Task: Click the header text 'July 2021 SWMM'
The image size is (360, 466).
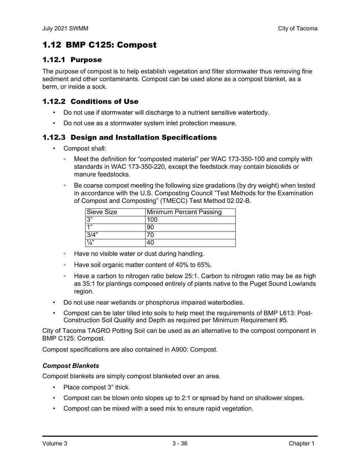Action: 65,29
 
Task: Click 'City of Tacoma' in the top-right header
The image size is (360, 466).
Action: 298,29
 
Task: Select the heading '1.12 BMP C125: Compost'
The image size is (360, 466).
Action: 99,45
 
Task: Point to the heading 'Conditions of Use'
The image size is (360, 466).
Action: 104,102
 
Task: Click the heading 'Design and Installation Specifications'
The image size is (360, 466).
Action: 144,138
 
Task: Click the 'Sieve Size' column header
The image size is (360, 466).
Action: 102,212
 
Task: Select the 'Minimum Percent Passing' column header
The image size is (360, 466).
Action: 184,212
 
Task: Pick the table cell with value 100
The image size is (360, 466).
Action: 152,220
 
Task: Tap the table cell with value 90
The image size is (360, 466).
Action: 150,227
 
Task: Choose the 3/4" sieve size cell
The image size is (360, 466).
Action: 92,235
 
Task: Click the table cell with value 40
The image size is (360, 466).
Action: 150,243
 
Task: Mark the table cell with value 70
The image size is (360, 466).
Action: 150,235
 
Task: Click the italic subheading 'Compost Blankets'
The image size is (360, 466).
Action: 71,366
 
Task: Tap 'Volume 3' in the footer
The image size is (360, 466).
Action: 55,444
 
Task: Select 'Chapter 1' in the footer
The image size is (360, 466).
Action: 301,444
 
